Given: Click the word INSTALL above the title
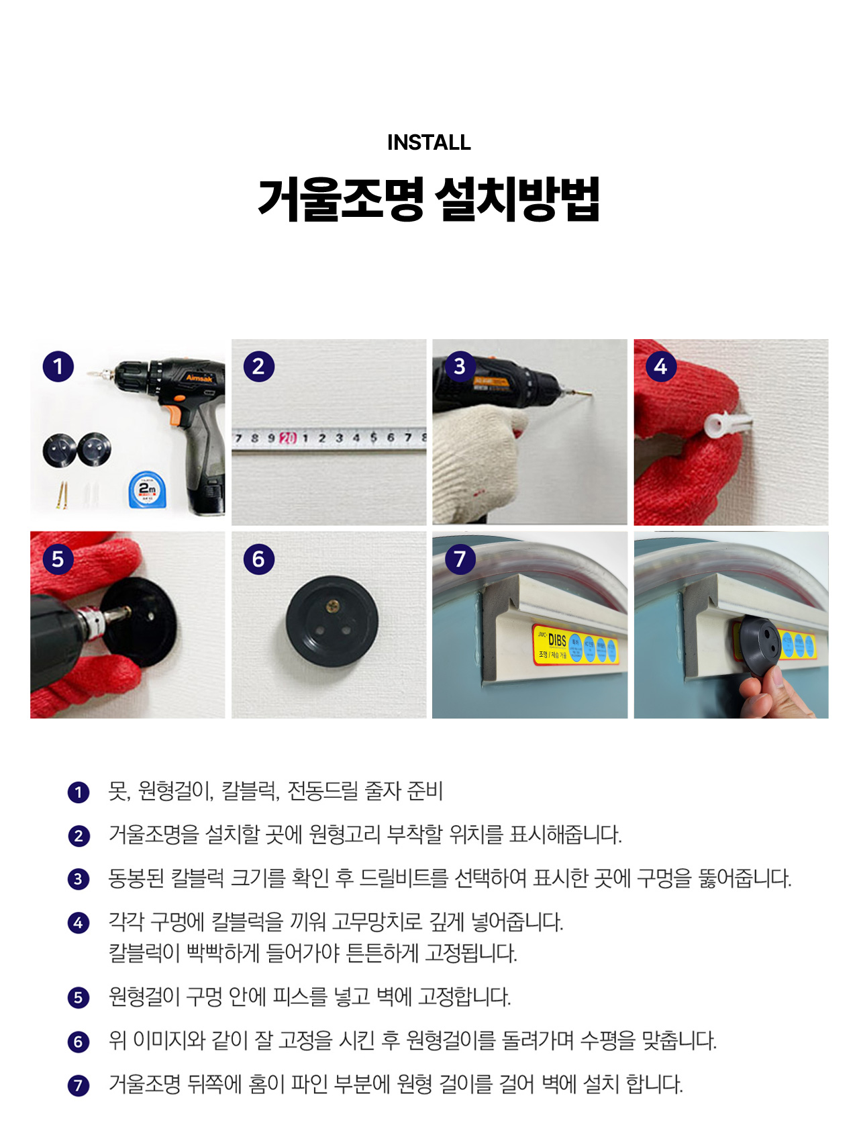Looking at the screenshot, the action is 429,142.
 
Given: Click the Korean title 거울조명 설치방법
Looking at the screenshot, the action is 429,199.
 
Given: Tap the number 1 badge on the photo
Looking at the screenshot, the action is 58,366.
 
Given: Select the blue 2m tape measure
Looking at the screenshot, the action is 147,490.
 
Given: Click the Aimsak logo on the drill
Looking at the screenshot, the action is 199,378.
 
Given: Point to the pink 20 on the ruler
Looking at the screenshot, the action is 288,439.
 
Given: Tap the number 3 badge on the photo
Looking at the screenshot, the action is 460,366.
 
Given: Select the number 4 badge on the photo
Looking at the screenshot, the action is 661,366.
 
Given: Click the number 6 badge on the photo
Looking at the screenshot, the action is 258,559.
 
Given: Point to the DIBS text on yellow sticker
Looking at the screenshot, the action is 557,641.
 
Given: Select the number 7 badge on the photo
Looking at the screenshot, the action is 460,559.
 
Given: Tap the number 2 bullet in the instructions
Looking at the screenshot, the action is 79,836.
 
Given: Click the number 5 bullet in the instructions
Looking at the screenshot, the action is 79,998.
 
